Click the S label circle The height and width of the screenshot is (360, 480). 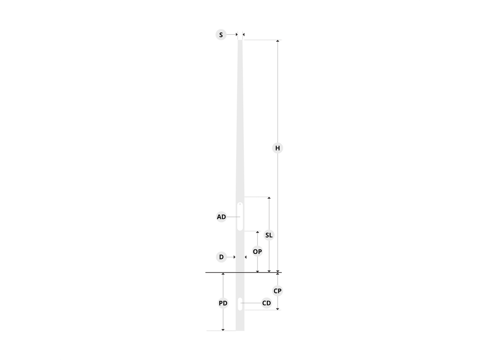[x=221, y=35]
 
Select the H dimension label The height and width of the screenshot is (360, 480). [x=277, y=148]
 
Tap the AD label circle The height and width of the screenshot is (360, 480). [x=221, y=217]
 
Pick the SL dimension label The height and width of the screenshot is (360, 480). [x=269, y=235]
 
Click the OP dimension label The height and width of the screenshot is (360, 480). [x=257, y=251]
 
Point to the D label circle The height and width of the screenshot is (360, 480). [x=221, y=257]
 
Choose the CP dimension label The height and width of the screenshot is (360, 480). [x=277, y=291]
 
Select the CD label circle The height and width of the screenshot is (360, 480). [x=267, y=303]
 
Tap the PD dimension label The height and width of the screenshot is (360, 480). [x=223, y=303]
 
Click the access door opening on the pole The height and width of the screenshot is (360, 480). [x=240, y=217]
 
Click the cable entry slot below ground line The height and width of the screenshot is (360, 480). [x=240, y=304]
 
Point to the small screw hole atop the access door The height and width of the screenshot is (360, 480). [x=240, y=204]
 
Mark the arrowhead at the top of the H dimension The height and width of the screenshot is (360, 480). [x=277, y=41]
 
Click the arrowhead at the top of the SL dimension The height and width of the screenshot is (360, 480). [x=269, y=198]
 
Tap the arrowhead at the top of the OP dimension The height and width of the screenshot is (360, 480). [x=257, y=232]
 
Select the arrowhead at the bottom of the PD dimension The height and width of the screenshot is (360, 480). [x=223, y=330]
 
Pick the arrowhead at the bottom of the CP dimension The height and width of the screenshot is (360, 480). [x=277, y=309]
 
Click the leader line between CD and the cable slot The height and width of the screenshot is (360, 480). [x=251, y=303]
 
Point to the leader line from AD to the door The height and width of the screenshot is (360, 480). [x=233, y=217]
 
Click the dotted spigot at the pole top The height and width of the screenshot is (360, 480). [x=240, y=36]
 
